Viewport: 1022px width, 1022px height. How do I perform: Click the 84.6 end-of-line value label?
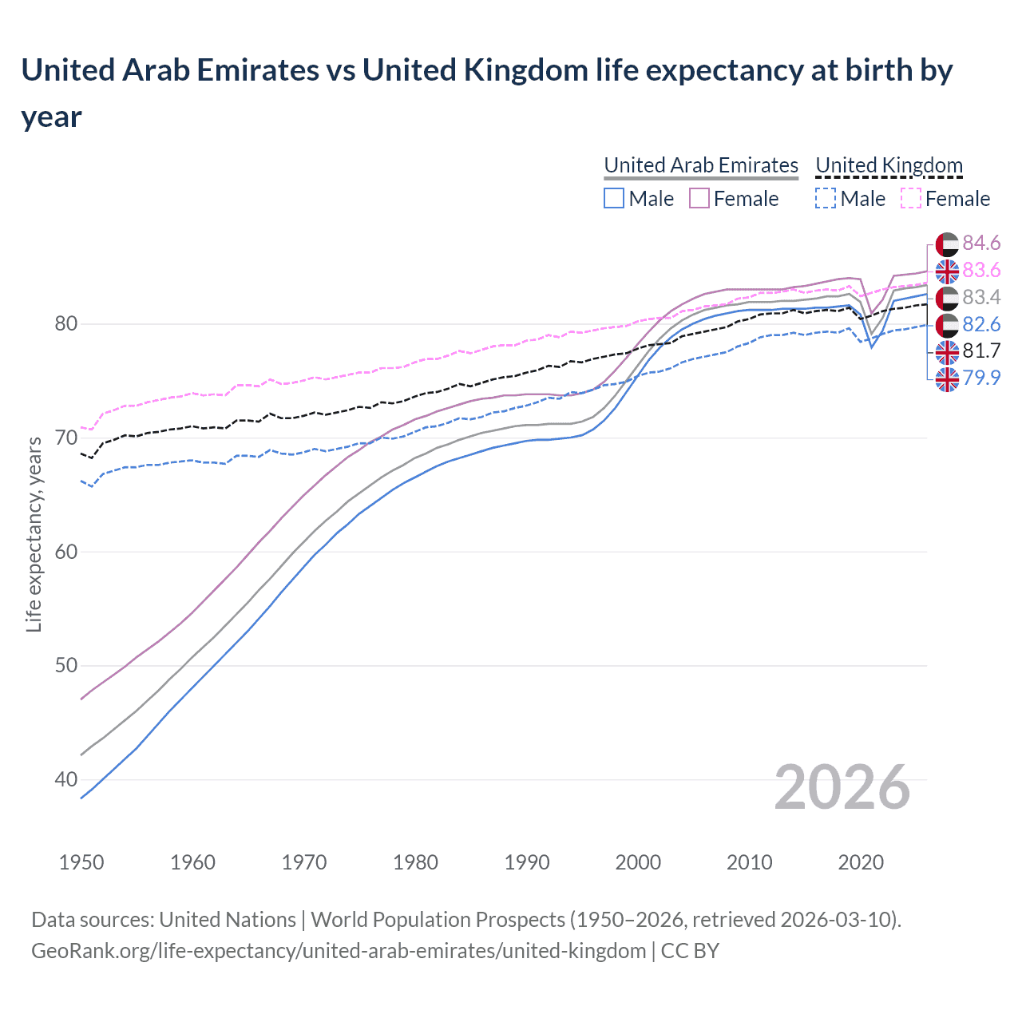pyautogui.click(x=981, y=243)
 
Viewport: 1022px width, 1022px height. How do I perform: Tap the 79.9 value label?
pyautogui.click(x=981, y=378)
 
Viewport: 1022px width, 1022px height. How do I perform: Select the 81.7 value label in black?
pyautogui.click(x=981, y=351)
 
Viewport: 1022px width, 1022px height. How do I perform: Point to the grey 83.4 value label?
pyautogui.click(x=981, y=297)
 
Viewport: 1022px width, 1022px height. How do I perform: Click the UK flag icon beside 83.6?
pyautogui.click(x=947, y=271)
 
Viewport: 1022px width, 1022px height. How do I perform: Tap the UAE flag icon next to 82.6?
pyautogui.click(x=947, y=324)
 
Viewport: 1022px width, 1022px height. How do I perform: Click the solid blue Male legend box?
pyautogui.click(x=614, y=198)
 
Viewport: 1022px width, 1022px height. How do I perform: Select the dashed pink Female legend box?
pyautogui.click(x=910, y=198)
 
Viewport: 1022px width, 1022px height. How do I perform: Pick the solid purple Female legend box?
pyautogui.click(x=699, y=198)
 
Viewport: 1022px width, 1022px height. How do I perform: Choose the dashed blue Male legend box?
pyautogui.click(x=826, y=198)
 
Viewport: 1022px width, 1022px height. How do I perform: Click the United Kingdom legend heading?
pyautogui.click(x=889, y=165)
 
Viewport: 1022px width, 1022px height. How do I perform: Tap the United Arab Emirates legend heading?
pyautogui.click(x=700, y=165)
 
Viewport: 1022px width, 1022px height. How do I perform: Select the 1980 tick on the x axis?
pyautogui.click(x=416, y=862)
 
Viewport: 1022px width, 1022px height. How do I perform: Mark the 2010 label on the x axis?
pyautogui.click(x=749, y=862)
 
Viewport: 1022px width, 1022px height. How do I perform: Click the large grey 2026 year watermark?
pyautogui.click(x=842, y=787)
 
